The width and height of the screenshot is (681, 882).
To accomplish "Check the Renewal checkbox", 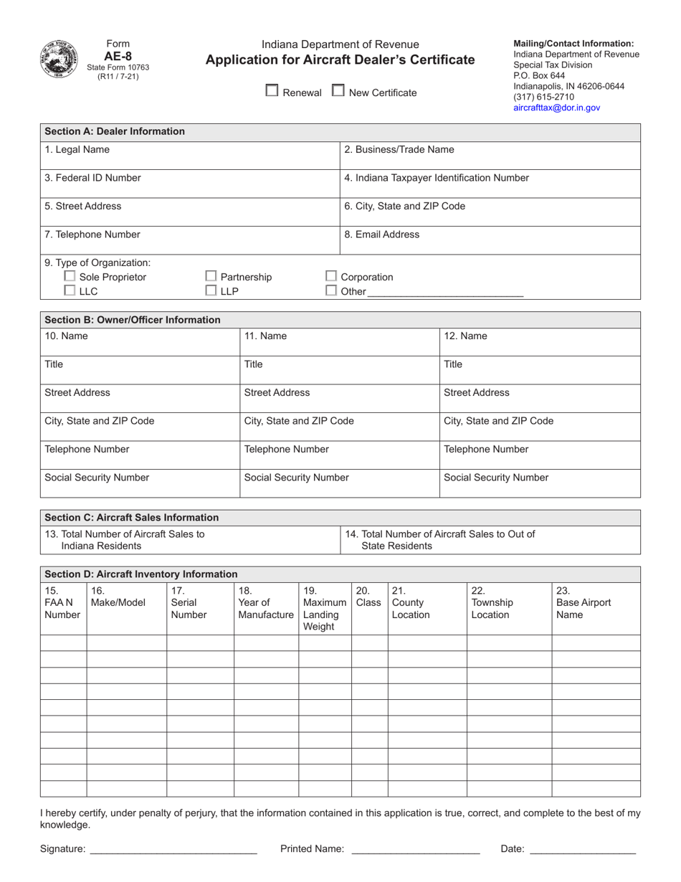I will tap(272, 91).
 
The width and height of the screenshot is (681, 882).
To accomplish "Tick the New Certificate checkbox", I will tap(338, 91).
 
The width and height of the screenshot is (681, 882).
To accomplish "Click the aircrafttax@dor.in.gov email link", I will tap(556, 108).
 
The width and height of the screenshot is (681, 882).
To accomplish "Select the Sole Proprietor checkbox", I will tap(70, 276).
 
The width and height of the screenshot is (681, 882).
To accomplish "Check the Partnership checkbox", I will tap(211, 276).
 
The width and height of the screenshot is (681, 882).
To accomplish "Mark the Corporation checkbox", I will tap(331, 276).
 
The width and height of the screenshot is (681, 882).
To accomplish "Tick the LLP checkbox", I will tap(211, 290).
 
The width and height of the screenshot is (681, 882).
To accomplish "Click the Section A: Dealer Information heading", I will tap(115, 131).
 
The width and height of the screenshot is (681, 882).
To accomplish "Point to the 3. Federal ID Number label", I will tap(92, 178).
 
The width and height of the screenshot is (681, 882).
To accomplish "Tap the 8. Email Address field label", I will tap(382, 234).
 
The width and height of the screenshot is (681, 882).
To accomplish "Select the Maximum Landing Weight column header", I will tap(324, 609).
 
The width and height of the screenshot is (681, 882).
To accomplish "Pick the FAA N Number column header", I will tap(62, 602).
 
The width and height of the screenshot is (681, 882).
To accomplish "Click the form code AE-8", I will tap(118, 55).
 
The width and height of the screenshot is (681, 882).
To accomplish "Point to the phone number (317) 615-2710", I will tap(543, 97).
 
